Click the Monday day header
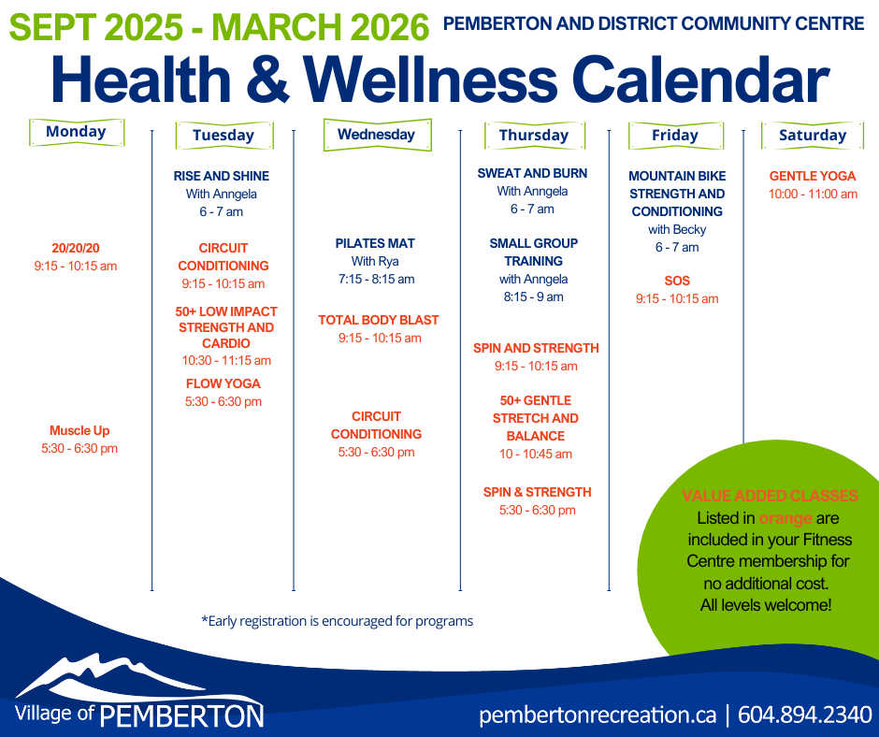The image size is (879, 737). (x=77, y=133)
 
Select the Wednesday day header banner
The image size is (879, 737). (x=377, y=135)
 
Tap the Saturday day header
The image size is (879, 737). (x=813, y=136)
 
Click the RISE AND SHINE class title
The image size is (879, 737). (x=222, y=176)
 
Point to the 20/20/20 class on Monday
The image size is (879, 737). (x=76, y=248)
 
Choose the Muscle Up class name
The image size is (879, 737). (x=79, y=431)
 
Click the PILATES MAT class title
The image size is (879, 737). (x=375, y=243)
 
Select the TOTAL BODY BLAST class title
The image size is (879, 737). (x=379, y=320)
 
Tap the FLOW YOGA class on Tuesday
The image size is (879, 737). (x=223, y=383)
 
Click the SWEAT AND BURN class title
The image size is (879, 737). (x=532, y=173)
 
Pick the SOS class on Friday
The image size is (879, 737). (x=677, y=281)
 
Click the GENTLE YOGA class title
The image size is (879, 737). (x=813, y=176)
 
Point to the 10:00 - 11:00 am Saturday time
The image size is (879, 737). (x=813, y=194)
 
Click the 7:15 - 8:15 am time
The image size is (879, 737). (x=376, y=279)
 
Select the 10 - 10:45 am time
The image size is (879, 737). (x=536, y=454)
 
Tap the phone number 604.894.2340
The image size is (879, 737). (x=805, y=715)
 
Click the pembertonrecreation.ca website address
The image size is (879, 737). (x=598, y=715)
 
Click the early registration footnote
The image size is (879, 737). (x=337, y=621)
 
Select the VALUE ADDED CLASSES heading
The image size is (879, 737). (x=770, y=496)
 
